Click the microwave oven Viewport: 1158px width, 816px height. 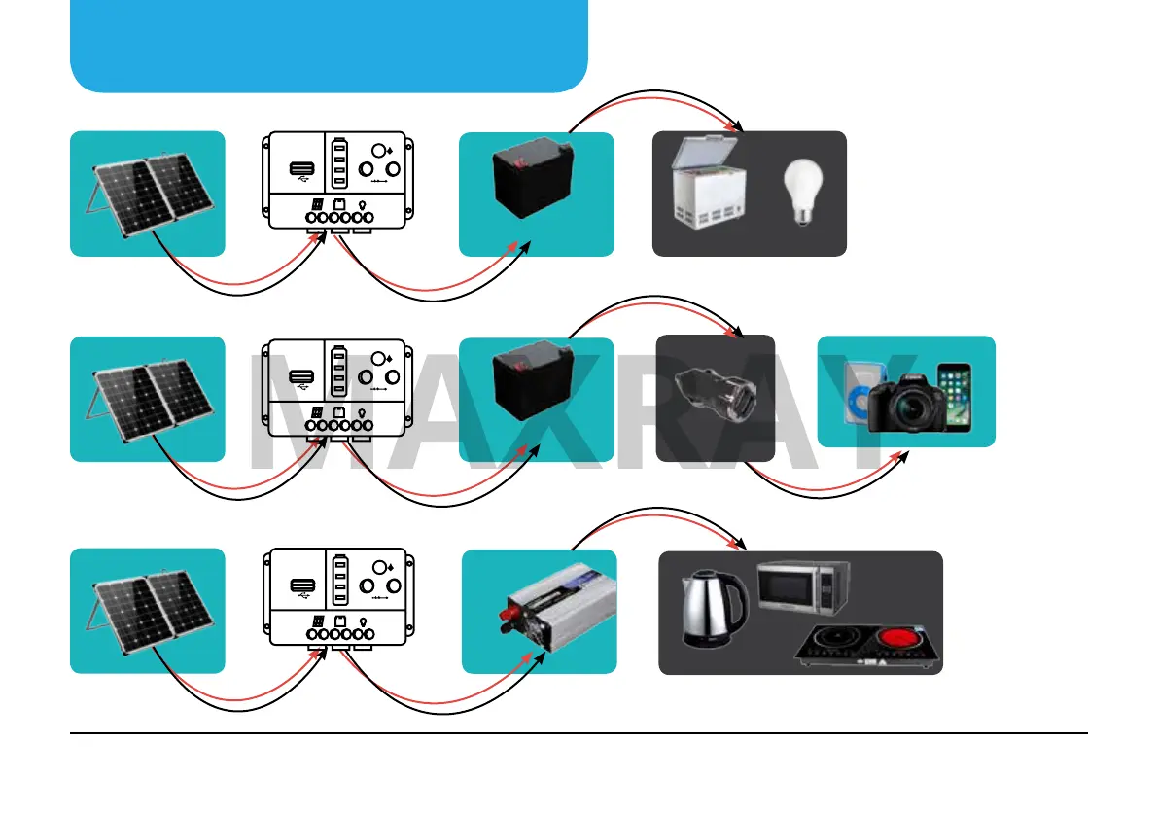[803, 587]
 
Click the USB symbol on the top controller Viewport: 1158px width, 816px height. [300, 171]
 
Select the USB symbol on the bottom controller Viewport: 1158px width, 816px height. [300, 588]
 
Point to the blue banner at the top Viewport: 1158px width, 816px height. [329, 45]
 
